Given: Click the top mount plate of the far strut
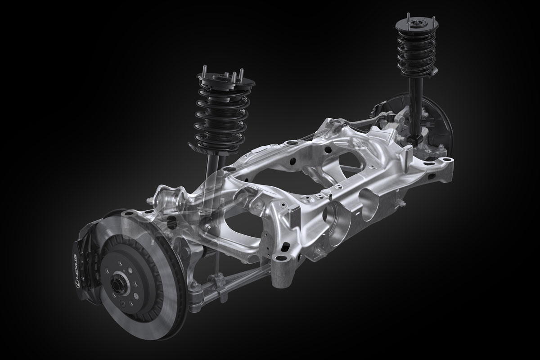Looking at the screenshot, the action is point(417,25).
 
